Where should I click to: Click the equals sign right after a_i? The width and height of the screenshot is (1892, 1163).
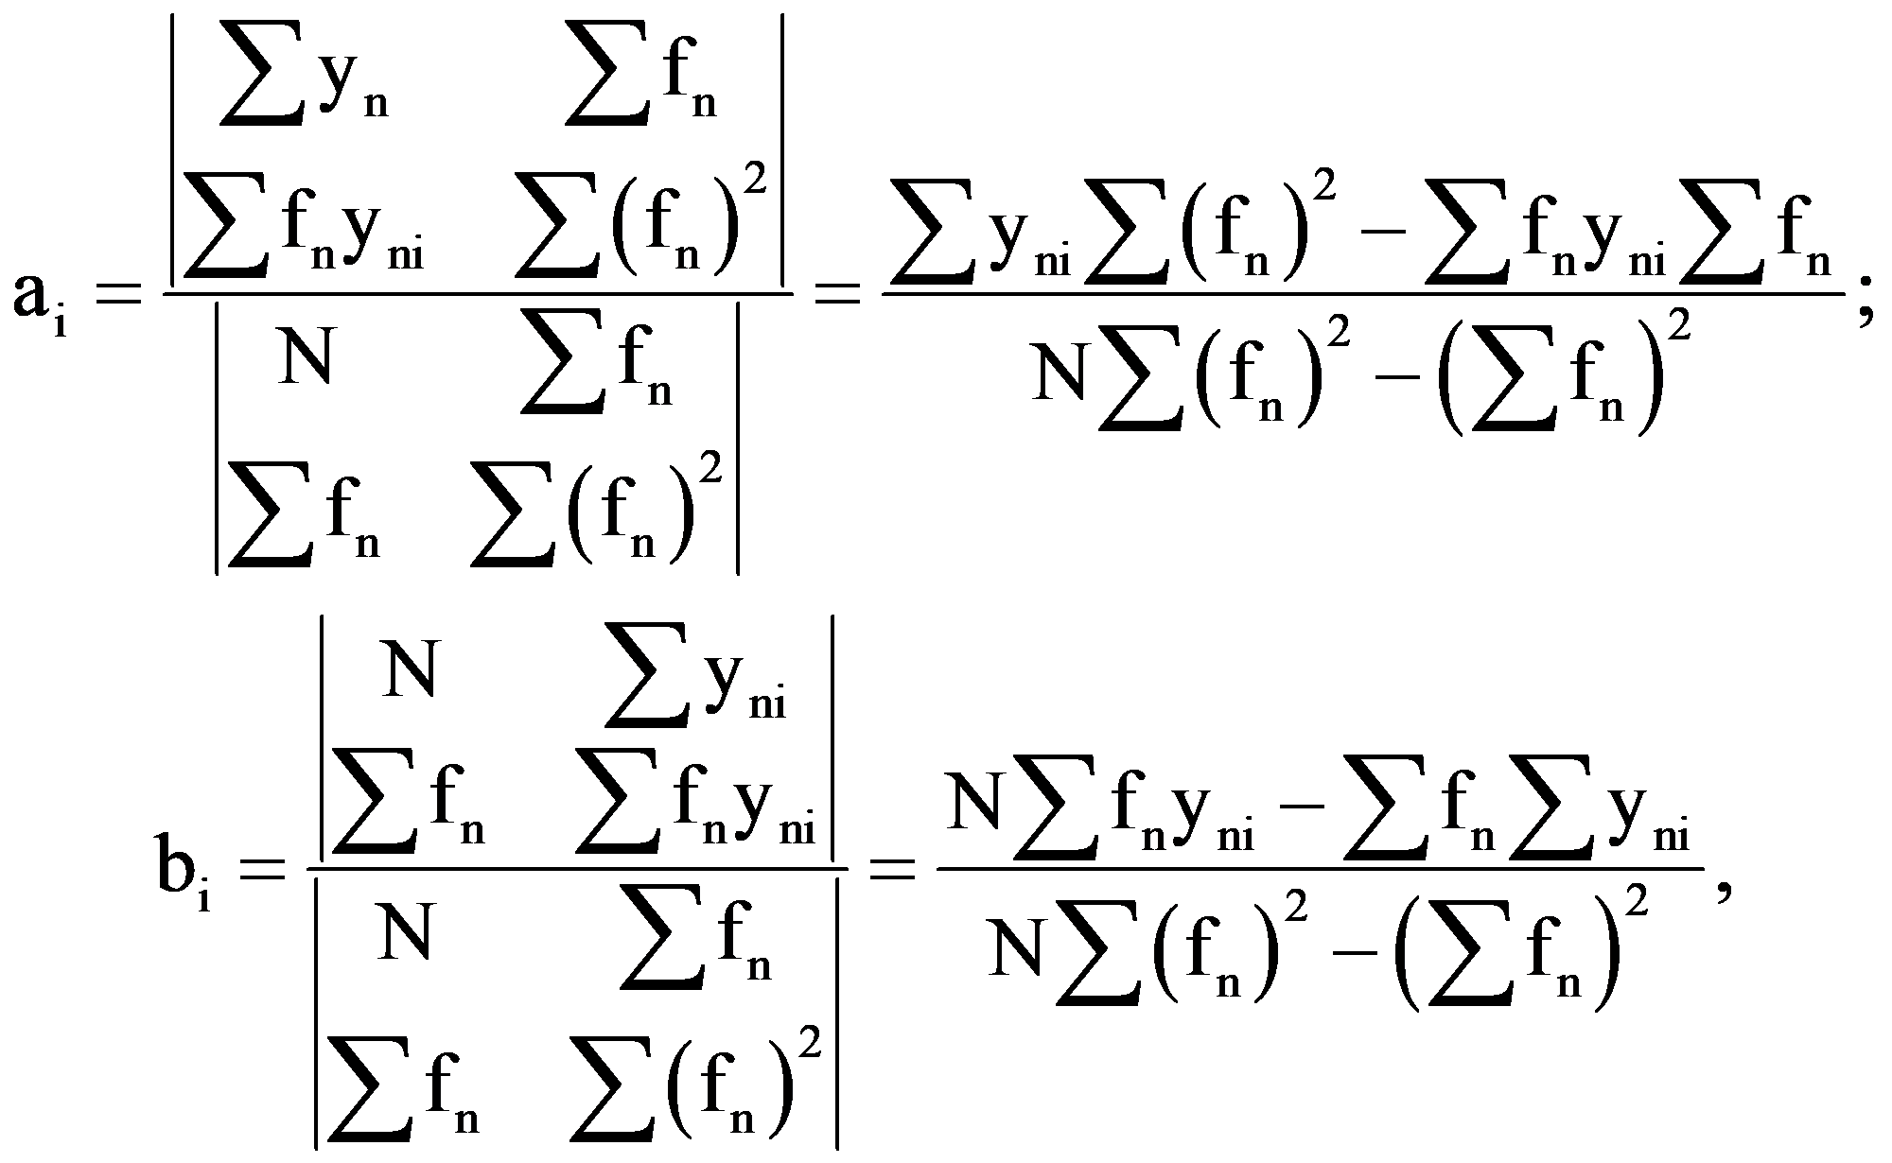pos(122,292)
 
